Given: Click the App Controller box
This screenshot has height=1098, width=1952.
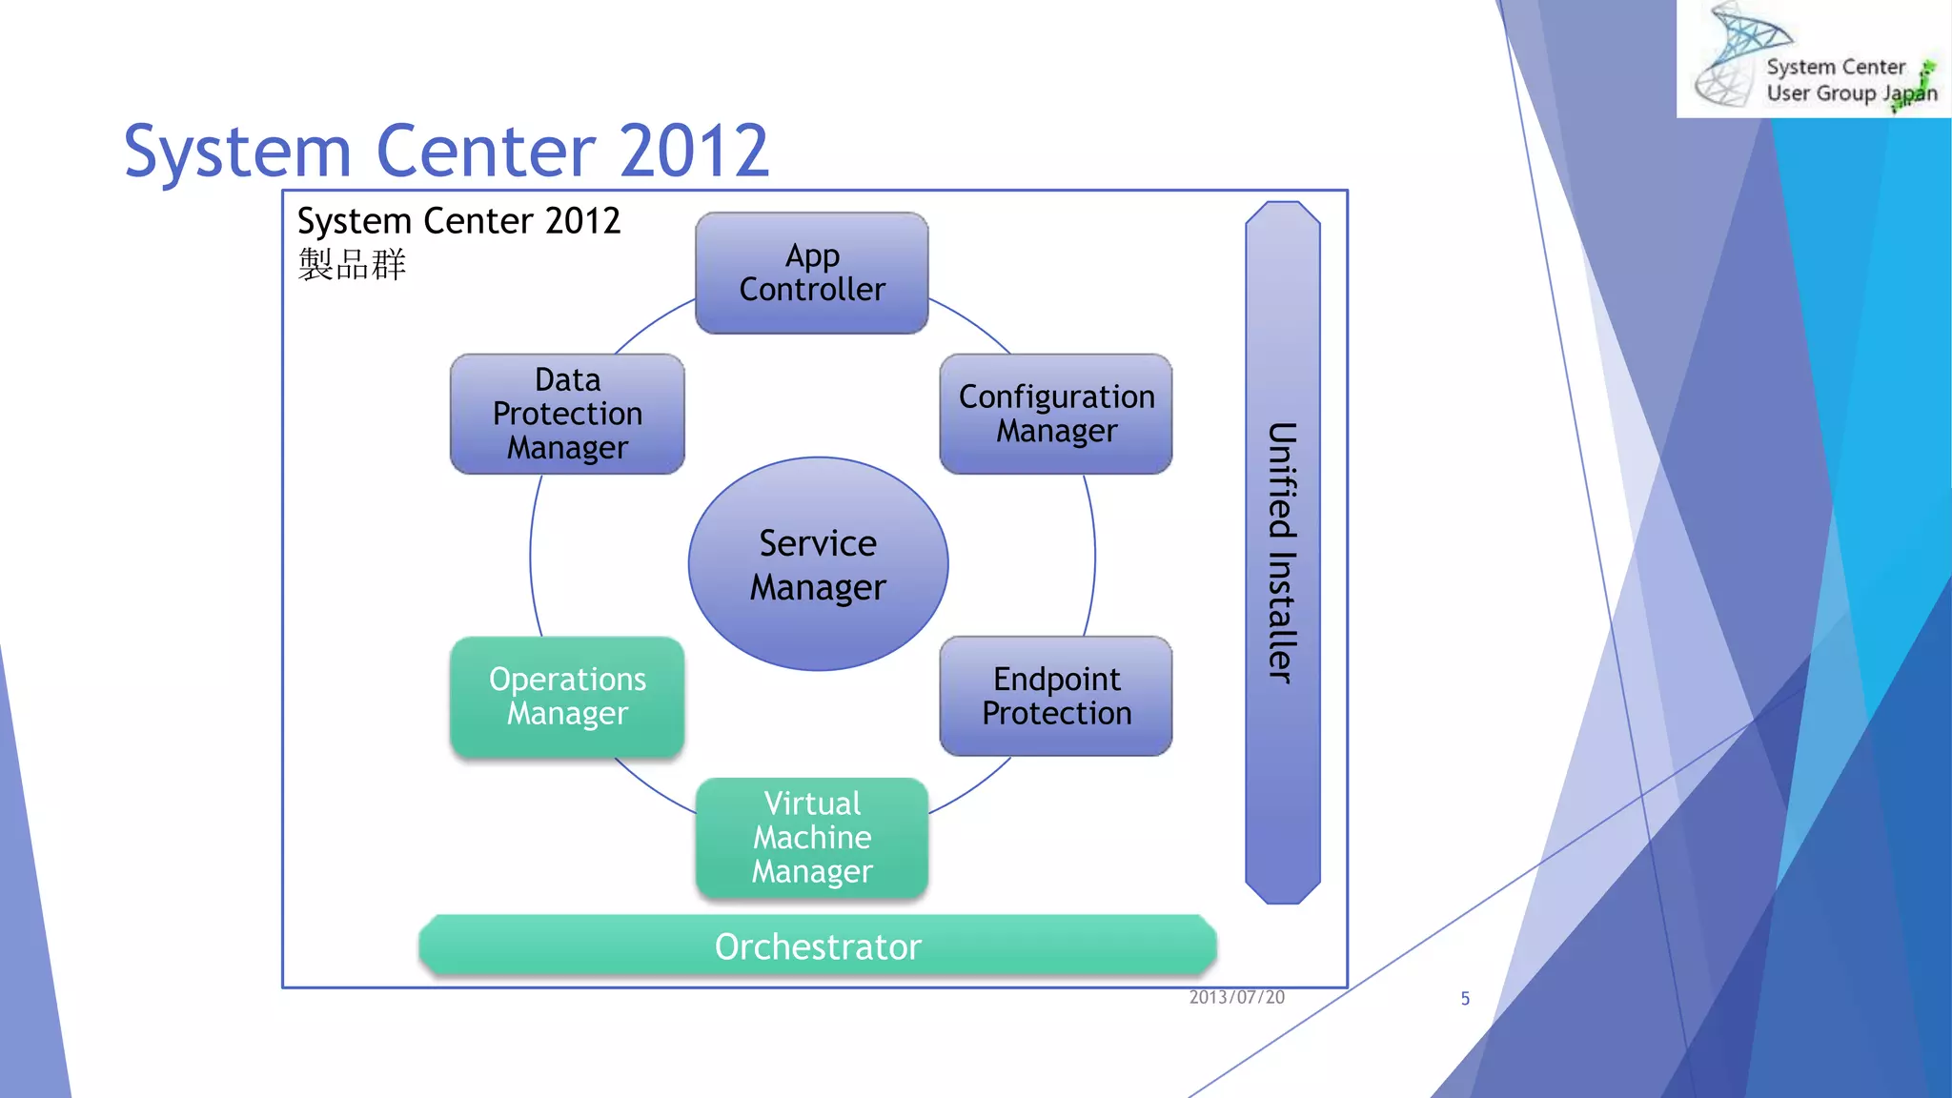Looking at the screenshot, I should coord(811,273).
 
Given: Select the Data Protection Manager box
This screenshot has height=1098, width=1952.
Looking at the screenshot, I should coord(567,414).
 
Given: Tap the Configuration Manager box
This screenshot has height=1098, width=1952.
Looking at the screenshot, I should coord(1056,414).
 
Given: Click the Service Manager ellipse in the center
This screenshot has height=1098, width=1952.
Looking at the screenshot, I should coord(818,564).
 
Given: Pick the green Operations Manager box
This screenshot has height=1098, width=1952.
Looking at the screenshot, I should coord(567,697).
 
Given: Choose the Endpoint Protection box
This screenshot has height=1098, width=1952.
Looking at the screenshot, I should coord(1056,697).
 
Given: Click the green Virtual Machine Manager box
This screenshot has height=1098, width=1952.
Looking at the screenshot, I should coord(811,838).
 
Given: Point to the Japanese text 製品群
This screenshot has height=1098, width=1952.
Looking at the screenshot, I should coord(352,264).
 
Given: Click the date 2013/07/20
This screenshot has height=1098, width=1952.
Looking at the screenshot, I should coord(1236,997).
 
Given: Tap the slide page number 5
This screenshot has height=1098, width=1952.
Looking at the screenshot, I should coord(1465,998).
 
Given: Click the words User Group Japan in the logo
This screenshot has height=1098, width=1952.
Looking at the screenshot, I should coord(1850,93).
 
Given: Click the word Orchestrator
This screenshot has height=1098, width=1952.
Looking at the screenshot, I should coord(818,946).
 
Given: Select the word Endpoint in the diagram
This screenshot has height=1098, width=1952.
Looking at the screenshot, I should coord(1056,679).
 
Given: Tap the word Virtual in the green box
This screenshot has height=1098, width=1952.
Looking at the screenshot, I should coord(811,803).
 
